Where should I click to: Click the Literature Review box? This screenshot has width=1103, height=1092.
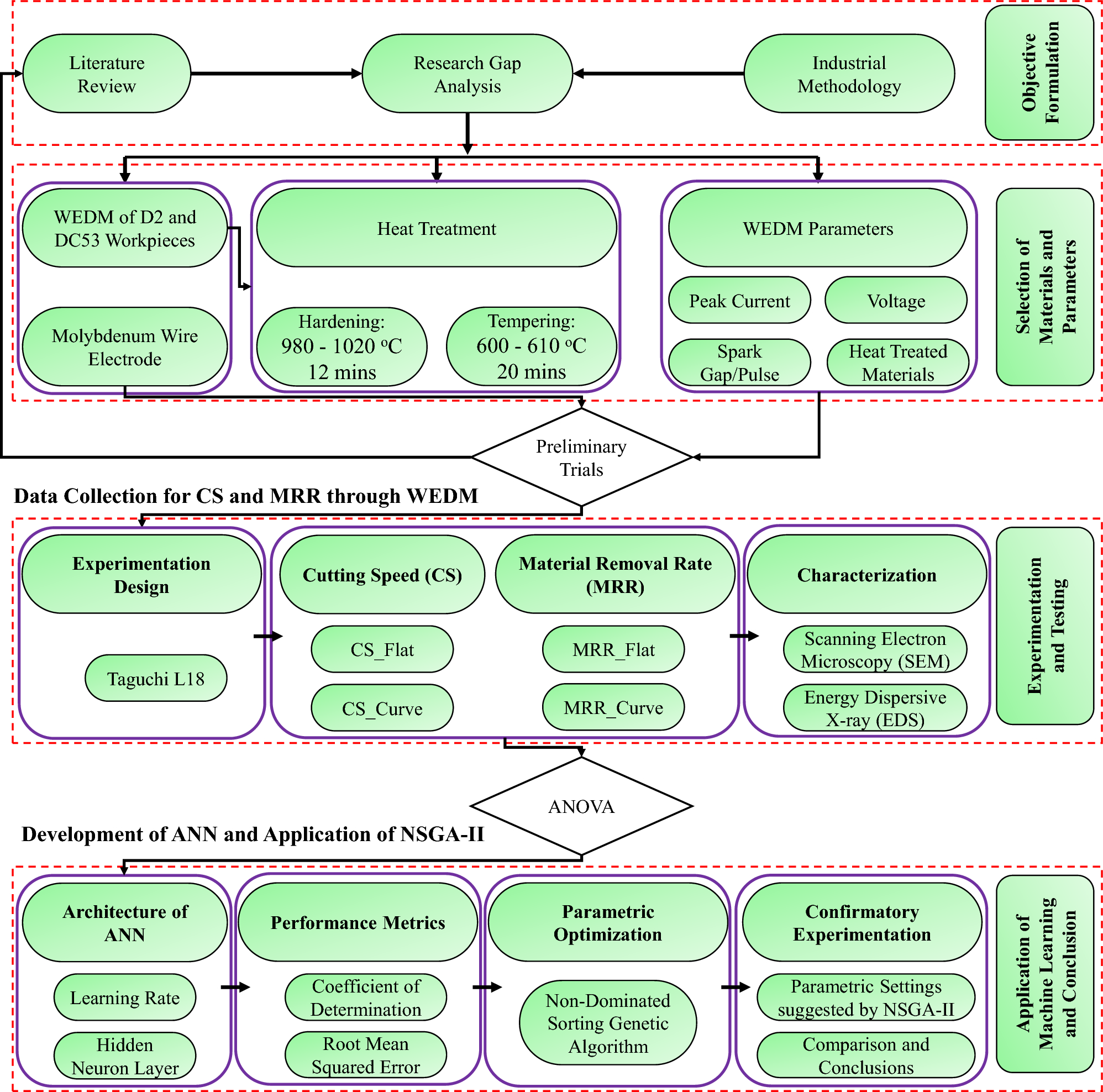(x=107, y=73)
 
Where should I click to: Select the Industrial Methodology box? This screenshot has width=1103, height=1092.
(x=848, y=73)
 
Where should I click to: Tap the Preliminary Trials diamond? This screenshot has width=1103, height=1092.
(x=581, y=457)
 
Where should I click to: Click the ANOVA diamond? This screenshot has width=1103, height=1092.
(x=581, y=806)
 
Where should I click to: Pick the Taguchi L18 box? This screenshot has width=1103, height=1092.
(x=156, y=678)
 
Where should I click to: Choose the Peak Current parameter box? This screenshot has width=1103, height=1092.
(x=739, y=300)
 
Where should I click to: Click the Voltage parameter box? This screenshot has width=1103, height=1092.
(x=895, y=300)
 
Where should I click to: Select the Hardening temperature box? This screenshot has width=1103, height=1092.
(x=342, y=347)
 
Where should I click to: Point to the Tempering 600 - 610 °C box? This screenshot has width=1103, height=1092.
(x=531, y=347)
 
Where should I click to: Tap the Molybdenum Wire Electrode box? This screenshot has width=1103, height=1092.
(x=124, y=347)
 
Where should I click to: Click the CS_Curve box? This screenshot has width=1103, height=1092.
(x=382, y=708)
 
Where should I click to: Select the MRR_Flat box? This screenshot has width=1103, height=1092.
(x=613, y=649)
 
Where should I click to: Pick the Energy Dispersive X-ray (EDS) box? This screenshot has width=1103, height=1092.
(x=875, y=708)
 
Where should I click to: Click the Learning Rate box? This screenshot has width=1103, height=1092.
(x=124, y=998)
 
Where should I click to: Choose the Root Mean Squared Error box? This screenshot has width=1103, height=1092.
(x=365, y=1054)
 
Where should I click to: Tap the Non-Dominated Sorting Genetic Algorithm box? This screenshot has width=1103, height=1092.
(x=607, y=1023)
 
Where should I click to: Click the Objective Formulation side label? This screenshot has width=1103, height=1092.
(x=1039, y=72)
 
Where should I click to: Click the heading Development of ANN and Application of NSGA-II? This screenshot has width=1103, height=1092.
(x=253, y=834)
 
